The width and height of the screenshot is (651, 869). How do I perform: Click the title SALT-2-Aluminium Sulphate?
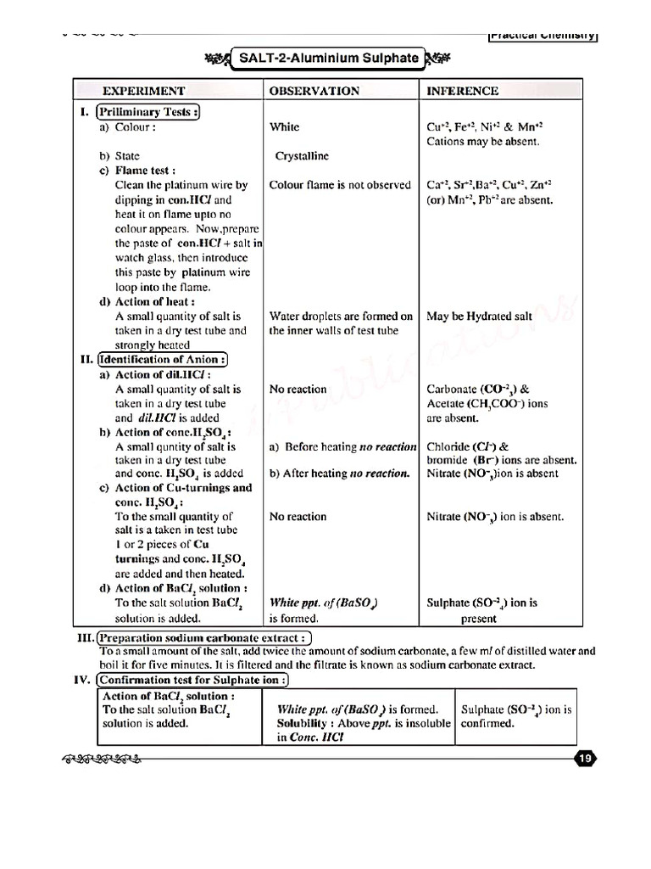tap(327, 59)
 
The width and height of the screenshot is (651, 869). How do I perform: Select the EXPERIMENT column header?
tap(143, 91)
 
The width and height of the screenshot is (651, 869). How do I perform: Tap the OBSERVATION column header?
tap(314, 91)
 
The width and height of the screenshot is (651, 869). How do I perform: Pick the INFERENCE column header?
tap(462, 91)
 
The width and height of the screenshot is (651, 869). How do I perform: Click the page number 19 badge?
tap(585, 759)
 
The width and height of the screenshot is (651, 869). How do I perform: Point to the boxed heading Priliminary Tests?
tap(148, 112)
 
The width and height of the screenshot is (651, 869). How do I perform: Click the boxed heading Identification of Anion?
tap(163, 359)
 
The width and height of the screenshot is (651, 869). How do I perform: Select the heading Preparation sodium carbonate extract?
tap(204, 638)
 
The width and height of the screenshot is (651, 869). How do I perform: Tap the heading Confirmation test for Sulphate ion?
tap(193, 680)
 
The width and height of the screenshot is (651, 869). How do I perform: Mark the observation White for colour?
tap(284, 127)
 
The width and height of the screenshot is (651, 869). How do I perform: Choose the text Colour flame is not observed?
tap(340, 184)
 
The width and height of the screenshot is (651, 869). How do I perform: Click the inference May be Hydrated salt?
tap(479, 317)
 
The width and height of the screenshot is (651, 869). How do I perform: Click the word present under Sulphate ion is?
tap(478, 619)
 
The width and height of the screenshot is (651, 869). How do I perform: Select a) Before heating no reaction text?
tap(342, 446)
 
